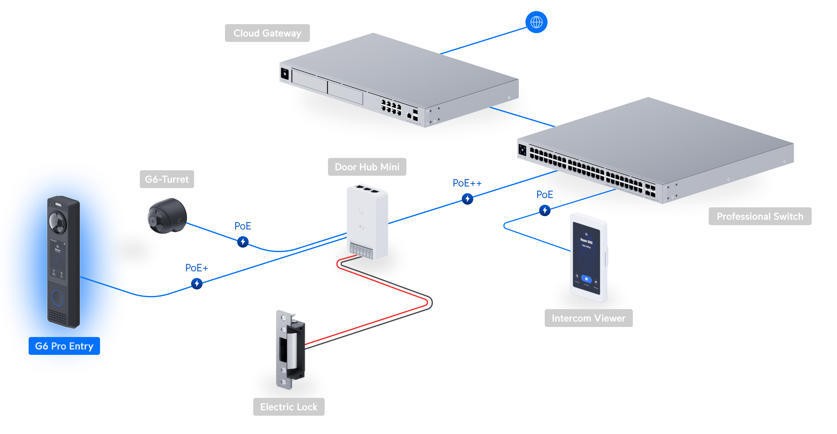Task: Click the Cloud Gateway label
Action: click(x=267, y=33)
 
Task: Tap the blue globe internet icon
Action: click(x=536, y=22)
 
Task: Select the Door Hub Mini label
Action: click(x=367, y=167)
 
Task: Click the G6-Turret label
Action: click(x=167, y=179)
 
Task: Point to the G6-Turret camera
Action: click(x=167, y=216)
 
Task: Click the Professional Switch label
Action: click(x=760, y=216)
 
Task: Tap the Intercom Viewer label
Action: click(x=588, y=318)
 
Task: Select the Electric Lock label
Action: click(x=289, y=407)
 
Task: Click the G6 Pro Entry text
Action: click(x=64, y=346)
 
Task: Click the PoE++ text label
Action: click(x=467, y=183)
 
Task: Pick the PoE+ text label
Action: click(x=196, y=268)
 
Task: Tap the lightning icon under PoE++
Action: click(x=467, y=199)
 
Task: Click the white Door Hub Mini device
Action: click(x=367, y=221)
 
